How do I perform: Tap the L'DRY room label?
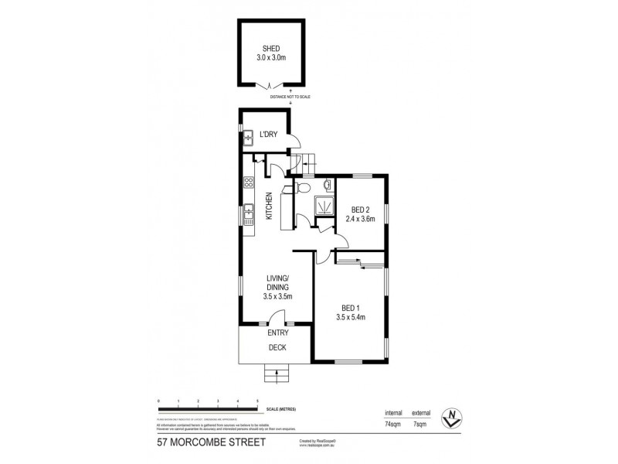pyautogui.click(x=269, y=135)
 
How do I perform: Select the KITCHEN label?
pyautogui.click(x=270, y=206)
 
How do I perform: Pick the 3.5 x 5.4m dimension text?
pyautogui.click(x=351, y=316)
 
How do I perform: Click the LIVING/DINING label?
pyautogui.click(x=277, y=282)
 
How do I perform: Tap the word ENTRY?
pyautogui.click(x=277, y=333)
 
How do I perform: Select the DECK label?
pyautogui.click(x=277, y=348)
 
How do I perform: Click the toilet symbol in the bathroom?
pyautogui.click(x=304, y=187)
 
